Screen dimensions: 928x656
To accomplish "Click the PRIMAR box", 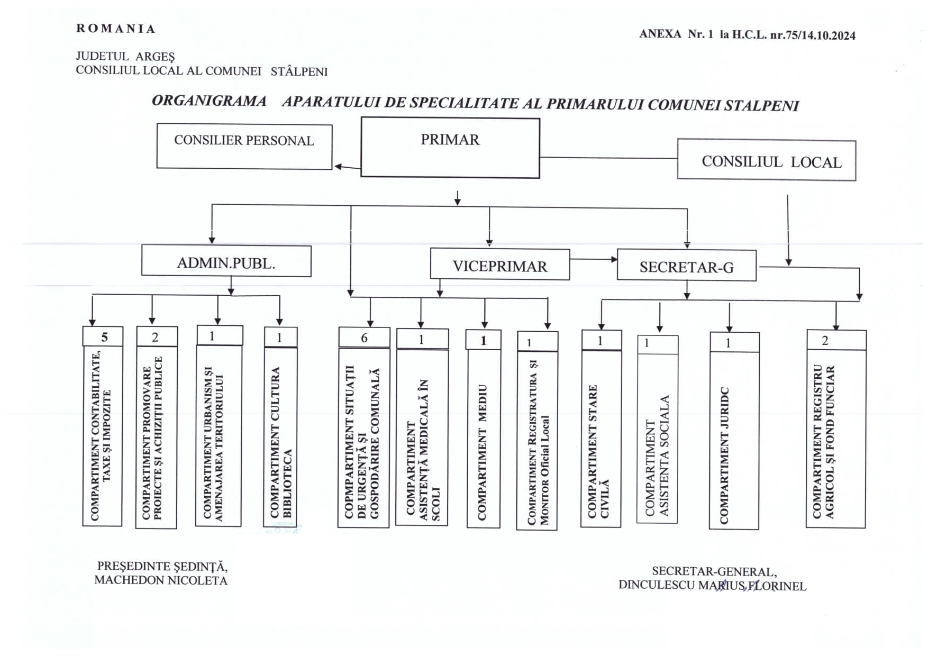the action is (x=450, y=148).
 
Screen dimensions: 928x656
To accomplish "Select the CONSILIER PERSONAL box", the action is (x=244, y=147).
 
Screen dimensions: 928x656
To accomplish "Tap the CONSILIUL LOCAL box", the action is (x=767, y=160).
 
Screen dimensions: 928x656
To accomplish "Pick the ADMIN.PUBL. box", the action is (x=226, y=260).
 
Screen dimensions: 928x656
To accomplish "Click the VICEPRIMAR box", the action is (x=500, y=264).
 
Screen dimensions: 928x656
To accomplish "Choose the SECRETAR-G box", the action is (x=687, y=265).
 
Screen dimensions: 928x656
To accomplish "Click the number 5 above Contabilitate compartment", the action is (x=104, y=337).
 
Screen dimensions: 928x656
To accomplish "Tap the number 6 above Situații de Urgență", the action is (x=364, y=338).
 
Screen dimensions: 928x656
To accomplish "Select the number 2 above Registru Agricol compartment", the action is (x=825, y=341).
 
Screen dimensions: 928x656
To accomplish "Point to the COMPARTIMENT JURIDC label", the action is (x=724, y=455).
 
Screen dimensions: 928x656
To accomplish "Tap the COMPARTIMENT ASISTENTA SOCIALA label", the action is (x=657, y=455).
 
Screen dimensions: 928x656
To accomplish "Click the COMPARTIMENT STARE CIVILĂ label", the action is (x=599, y=451).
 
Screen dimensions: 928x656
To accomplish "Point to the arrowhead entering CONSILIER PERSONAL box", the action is (x=338, y=167).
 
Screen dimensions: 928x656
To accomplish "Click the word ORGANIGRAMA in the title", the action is (x=209, y=101).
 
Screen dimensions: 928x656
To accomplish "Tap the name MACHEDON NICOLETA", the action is (x=161, y=580).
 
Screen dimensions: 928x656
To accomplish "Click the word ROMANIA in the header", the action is (x=116, y=29).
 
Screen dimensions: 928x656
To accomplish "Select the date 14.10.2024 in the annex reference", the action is (x=828, y=35).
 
